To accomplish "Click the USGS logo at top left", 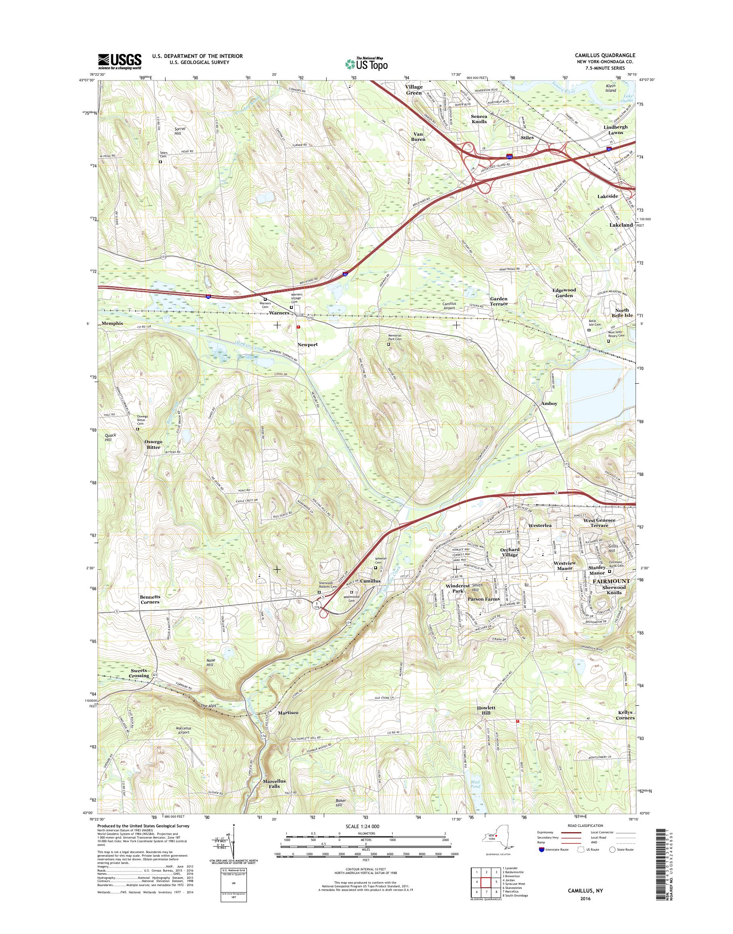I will [120, 61].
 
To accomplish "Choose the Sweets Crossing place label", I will [139, 673].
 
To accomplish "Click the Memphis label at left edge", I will [112, 323].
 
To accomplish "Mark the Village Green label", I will [414, 89].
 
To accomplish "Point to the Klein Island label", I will [610, 88].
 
